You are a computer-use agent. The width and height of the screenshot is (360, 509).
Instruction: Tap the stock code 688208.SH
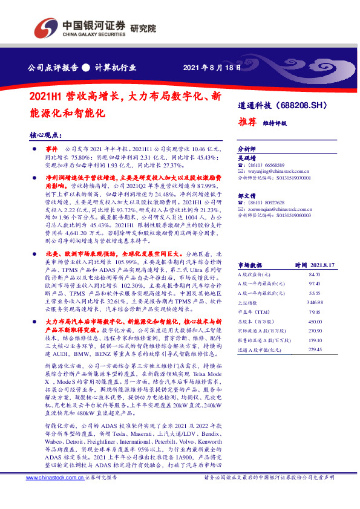coord(310,105)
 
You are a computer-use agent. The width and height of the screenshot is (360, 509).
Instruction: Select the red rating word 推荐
coord(246,120)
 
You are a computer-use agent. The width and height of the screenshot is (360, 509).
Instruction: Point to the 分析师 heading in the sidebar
coord(247,148)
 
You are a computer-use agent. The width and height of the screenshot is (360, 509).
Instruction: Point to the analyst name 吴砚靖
coord(246,157)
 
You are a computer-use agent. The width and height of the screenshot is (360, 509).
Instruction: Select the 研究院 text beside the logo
coord(143,28)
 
